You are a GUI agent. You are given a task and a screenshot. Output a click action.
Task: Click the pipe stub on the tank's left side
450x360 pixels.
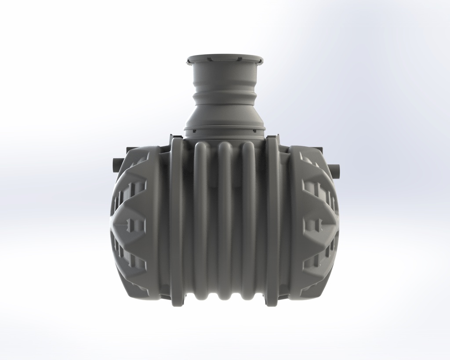point(115,165)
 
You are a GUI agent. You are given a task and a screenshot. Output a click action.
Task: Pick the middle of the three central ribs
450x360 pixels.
point(225,220)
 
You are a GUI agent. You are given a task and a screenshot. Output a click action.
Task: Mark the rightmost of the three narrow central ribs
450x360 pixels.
point(249,220)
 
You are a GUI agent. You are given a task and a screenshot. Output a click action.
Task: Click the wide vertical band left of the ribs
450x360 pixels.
point(177,220)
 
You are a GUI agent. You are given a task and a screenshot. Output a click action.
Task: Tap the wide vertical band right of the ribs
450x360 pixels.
point(272,220)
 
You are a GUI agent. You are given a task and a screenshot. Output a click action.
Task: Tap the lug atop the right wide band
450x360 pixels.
point(272,138)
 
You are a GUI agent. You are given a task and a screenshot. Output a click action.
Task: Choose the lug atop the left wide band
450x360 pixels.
point(176,137)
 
